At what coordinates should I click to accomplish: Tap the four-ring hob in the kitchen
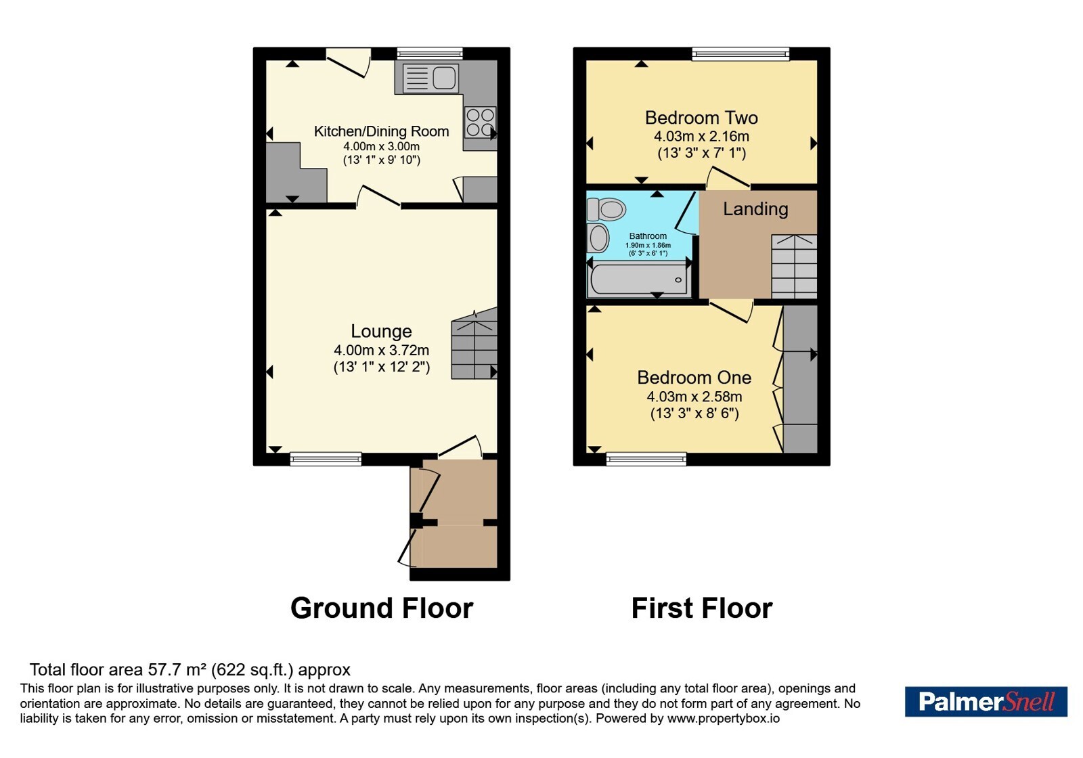click(480, 122)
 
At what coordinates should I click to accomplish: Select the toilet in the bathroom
click(606, 210)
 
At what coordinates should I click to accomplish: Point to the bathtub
click(639, 280)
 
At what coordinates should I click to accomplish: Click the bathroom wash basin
click(598, 238)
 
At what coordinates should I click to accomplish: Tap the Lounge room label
click(382, 331)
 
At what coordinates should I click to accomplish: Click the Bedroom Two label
click(701, 118)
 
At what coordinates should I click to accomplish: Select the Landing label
click(755, 209)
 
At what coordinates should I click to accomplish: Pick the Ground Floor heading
click(382, 608)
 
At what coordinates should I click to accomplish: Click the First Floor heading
click(702, 608)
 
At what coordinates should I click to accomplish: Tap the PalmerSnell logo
click(986, 701)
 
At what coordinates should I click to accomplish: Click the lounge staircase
click(474, 343)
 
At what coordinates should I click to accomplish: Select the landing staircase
click(794, 267)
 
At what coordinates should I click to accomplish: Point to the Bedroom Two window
click(741, 54)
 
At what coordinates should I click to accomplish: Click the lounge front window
click(326, 459)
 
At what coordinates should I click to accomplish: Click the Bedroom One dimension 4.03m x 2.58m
click(694, 397)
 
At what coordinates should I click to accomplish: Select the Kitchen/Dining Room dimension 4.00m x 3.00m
click(382, 146)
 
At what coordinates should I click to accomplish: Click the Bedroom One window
click(646, 459)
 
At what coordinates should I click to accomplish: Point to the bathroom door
click(686, 213)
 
